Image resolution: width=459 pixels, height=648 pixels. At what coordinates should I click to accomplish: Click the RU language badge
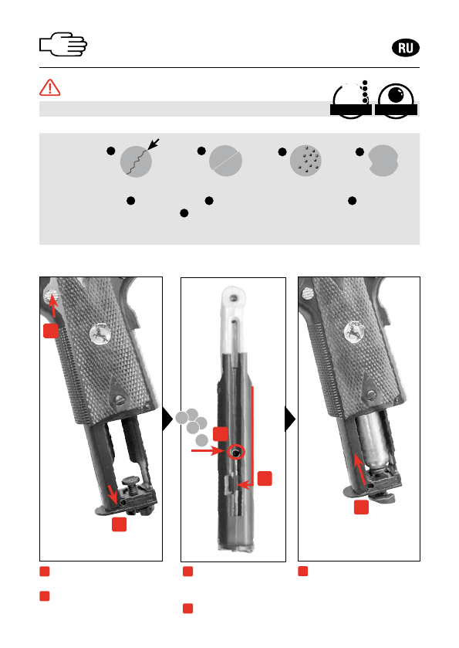tap(405, 48)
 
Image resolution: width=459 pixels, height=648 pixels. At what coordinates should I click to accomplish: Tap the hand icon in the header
tap(63, 44)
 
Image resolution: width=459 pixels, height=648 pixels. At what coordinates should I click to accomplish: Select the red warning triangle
tap(50, 87)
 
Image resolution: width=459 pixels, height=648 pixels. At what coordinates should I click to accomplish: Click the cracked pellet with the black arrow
tap(137, 161)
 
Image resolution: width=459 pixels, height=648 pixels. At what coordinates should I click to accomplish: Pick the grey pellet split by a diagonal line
tap(225, 161)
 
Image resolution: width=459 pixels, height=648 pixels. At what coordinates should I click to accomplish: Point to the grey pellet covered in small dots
tap(305, 161)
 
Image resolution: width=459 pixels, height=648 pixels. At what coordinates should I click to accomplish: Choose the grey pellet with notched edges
tap(383, 161)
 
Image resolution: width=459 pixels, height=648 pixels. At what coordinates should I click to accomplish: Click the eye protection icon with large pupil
tap(396, 101)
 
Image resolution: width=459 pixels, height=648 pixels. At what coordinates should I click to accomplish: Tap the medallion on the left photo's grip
tap(100, 334)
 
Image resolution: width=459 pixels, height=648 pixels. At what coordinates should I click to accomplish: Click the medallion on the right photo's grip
tap(354, 331)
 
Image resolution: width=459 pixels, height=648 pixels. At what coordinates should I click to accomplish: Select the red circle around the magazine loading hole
tap(236, 453)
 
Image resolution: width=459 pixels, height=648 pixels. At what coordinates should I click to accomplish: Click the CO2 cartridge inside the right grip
tap(373, 443)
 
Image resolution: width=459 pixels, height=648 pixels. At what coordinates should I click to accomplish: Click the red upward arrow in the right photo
tap(360, 470)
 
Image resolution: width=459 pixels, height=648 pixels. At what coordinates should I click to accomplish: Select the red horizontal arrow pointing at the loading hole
tap(208, 450)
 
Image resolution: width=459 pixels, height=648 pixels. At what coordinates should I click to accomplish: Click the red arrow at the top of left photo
tap(52, 306)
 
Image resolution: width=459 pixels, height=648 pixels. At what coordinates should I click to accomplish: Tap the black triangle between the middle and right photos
tap(290, 419)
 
